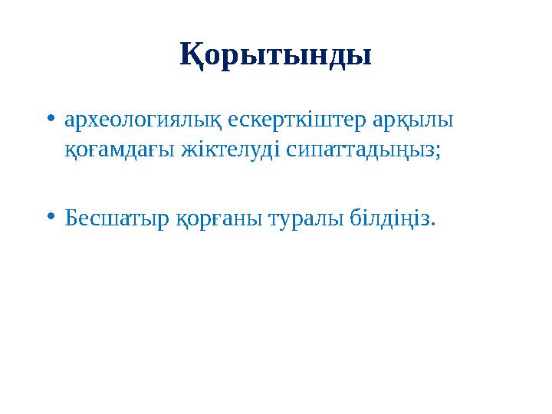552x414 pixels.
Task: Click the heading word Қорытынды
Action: (276, 56)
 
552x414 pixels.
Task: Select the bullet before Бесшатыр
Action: (50, 219)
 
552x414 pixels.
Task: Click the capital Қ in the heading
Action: (190, 56)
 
